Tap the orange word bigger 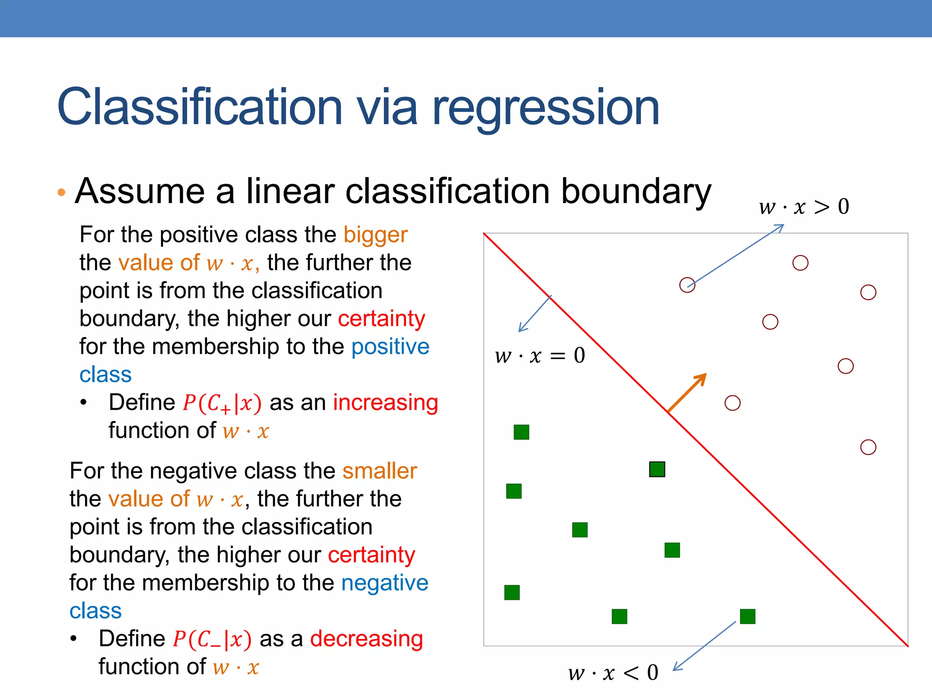coord(375,235)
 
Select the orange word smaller coord(379,471)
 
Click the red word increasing coord(385,403)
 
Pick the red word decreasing coord(366,639)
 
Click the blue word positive coord(390,347)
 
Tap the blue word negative coord(385,583)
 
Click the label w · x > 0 coord(804,207)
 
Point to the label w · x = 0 coord(540,355)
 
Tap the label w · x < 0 coord(613,673)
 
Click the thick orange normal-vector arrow coord(687,392)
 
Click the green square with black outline coord(657,469)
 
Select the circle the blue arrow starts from coord(687,285)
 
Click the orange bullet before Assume coord(61,192)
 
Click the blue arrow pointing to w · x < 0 coord(704,646)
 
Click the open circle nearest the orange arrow coord(732,403)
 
